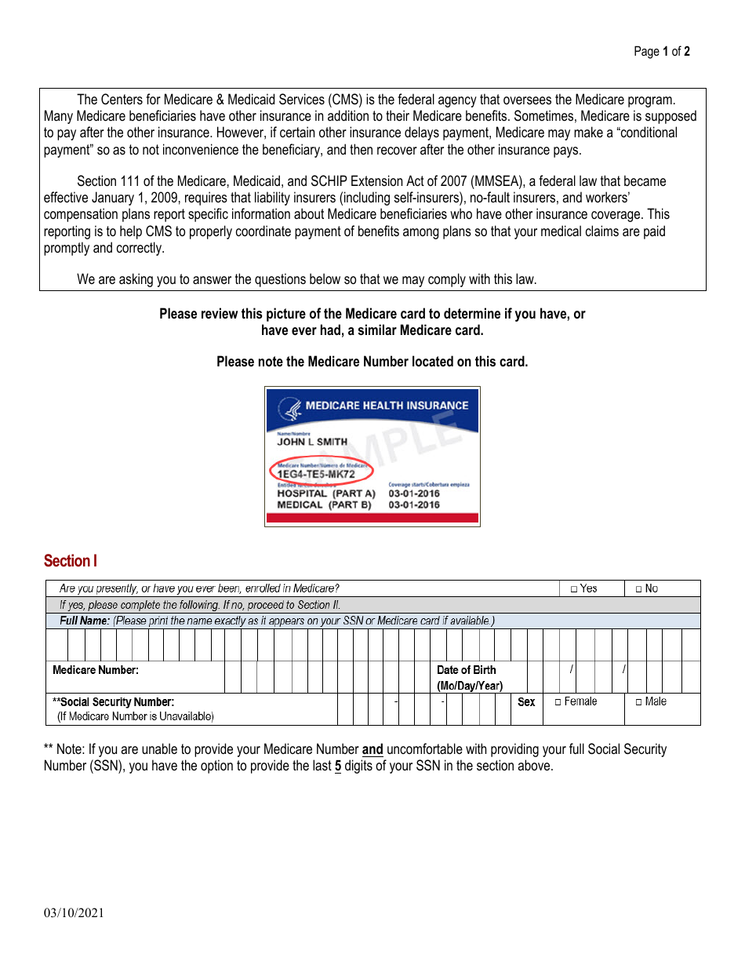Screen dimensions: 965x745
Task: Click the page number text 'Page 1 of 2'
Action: pyautogui.click(x=661, y=52)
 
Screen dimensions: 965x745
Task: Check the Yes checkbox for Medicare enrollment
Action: pyautogui.click(x=574, y=588)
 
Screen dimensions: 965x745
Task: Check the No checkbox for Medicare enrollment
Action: pyautogui.click(x=638, y=588)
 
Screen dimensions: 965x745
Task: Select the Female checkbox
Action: pyautogui.click(x=558, y=702)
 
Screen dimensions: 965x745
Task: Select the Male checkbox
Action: pyautogui.click(x=638, y=702)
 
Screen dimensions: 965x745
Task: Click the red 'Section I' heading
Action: pyautogui.click(x=71, y=561)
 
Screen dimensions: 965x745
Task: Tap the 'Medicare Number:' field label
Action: pyautogui.click(x=96, y=670)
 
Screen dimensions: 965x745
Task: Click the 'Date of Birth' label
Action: pyautogui.click(x=467, y=670)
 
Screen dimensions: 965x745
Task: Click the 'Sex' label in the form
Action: pyautogui.click(x=526, y=702)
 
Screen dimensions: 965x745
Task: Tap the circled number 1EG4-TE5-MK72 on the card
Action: pyautogui.click(x=316, y=474)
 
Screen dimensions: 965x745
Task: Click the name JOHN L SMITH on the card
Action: pyautogui.click(x=312, y=442)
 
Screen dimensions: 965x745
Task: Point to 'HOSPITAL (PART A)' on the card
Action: pyautogui.click(x=326, y=493)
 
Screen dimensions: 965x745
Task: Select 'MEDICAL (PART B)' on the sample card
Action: pyautogui.click(x=324, y=504)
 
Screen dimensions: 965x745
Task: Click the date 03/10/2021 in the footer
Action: pyautogui.click(x=74, y=912)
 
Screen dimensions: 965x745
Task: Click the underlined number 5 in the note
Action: pyautogui.click(x=338, y=766)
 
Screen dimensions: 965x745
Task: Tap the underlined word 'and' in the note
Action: pyautogui.click(x=372, y=749)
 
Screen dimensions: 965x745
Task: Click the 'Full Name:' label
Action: pyautogui.click(x=85, y=621)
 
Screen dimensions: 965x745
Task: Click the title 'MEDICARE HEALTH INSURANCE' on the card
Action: pyautogui.click(x=387, y=406)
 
